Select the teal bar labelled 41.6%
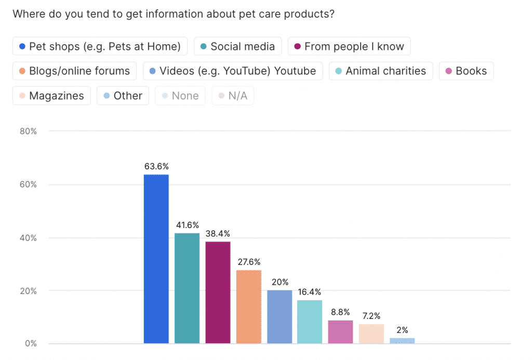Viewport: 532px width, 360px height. [187, 288]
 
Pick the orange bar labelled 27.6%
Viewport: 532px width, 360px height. [249, 306]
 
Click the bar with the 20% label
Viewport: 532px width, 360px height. [280, 316]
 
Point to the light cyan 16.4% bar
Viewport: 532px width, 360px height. [310, 322]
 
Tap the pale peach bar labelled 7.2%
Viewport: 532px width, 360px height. [371, 334]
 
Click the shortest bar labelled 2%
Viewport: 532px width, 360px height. [402, 340]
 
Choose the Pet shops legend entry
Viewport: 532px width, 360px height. [99, 46]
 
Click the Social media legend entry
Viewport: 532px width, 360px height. [237, 46]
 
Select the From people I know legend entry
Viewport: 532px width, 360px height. [349, 46]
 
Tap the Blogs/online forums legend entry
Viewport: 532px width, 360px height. [74, 71]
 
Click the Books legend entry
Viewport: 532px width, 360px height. [466, 71]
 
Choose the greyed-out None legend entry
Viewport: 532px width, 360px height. [180, 96]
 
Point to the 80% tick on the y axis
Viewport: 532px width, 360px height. [28, 131]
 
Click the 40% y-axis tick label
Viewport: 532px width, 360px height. [28, 238]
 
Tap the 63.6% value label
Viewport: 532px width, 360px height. [156, 167]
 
